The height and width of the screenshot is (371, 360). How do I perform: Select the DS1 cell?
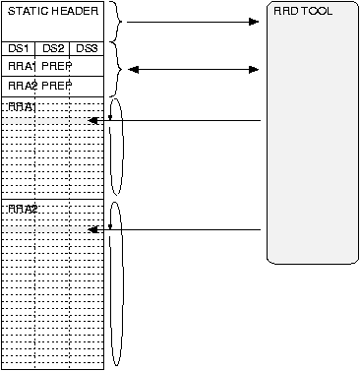pyautogui.click(x=18, y=48)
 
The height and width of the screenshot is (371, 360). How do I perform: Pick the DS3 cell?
pyautogui.click(x=87, y=48)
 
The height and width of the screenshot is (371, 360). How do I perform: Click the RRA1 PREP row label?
pyautogui.click(x=34, y=66)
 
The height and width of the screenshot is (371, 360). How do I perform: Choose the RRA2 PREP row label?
pyautogui.click(x=34, y=85)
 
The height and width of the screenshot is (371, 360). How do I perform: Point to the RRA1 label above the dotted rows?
pyautogui.click(x=21, y=105)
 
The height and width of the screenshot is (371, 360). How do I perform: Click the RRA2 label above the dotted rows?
pyautogui.click(x=21, y=209)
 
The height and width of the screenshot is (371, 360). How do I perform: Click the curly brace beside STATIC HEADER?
pyautogui.click(x=116, y=21)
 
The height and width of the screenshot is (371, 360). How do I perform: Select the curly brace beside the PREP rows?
pyautogui.click(x=116, y=68)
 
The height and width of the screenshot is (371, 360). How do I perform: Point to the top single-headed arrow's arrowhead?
pyautogui.click(x=255, y=21)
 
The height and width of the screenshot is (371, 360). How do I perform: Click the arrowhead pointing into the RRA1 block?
pyautogui.click(x=91, y=120)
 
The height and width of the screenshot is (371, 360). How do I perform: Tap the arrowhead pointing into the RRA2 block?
pyautogui.click(x=91, y=229)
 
